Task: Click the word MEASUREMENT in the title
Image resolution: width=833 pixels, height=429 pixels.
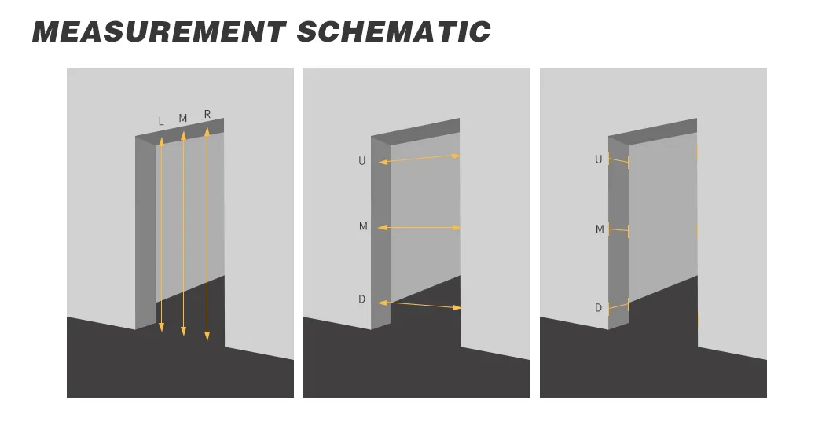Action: click(x=160, y=32)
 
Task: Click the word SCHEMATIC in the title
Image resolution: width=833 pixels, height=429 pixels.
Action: click(x=394, y=32)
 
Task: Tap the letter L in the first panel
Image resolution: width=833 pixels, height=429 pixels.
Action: click(x=161, y=121)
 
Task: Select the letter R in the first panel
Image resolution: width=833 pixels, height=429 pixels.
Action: click(x=207, y=114)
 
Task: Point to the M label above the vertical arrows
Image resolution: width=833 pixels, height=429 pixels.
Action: click(x=183, y=118)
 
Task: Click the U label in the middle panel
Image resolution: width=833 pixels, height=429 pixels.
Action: click(x=361, y=161)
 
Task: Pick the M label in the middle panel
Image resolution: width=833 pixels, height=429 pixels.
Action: click(x=363, y=226)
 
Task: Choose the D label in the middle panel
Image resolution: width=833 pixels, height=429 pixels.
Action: click(x=361, y=299)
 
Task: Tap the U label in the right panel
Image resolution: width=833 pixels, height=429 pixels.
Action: click(x=598, y=159)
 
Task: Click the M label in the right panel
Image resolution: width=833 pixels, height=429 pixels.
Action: click(x=600, y=229)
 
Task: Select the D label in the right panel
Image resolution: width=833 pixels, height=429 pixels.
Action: click(x=598, y=308)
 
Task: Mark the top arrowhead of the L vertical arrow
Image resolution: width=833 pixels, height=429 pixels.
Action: click(x=162, y=141)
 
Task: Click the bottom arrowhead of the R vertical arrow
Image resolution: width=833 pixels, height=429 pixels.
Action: click(x=207, y=335)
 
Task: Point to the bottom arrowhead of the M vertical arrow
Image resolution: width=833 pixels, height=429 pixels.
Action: click(x=183, y=332)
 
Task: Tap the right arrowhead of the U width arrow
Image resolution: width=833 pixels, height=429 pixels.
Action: click(x=455, y=156)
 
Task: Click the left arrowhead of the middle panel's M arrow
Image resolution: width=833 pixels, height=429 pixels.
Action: click(x=382, y=228)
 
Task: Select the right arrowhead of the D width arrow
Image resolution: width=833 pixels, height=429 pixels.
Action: click(x=457, y=307)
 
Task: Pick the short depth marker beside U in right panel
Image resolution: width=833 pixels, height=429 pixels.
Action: click(x=618, y=160)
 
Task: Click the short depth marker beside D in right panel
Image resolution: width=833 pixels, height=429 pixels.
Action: click(x=618, y=306)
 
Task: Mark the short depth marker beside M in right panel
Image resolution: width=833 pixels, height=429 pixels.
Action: click(x=618, y=230)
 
